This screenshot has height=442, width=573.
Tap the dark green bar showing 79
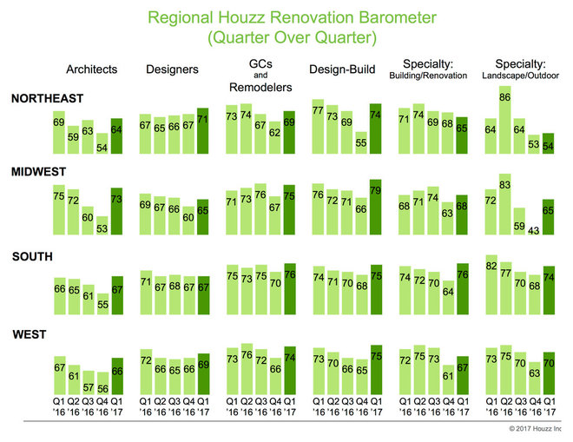[375, 206]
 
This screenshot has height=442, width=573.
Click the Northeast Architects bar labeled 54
[102, 145]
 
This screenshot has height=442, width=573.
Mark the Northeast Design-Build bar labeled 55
[360, 144]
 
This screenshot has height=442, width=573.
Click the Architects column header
[93, 69]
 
